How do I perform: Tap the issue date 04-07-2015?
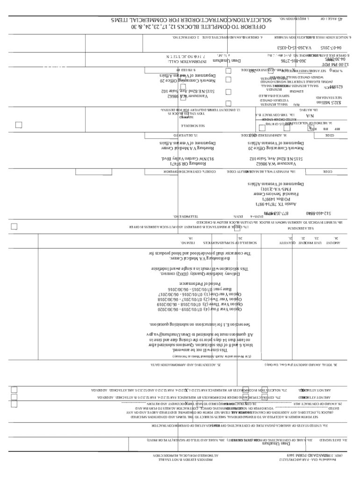[x=331, y=48]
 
